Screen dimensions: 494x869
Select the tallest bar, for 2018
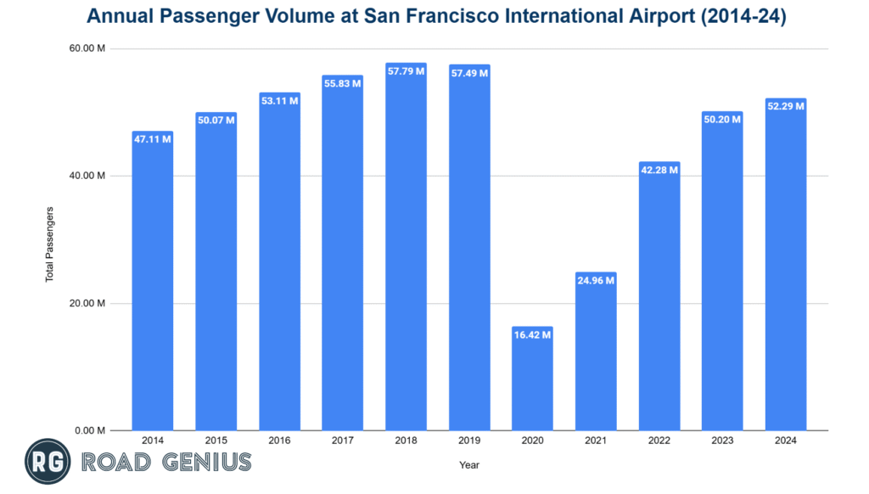[x=406, y=246]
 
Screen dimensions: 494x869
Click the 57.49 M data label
[x=469, y=73]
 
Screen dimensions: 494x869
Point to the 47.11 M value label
[x=153, y=139]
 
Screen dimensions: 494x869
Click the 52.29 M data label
[x=785, y=106]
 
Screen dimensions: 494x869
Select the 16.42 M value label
[x=532, y=334]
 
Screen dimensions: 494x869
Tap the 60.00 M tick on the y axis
[x=87, y=48]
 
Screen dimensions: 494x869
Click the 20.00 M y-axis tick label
[x=87, y=303]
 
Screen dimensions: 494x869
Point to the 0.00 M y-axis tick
[x=89, y=430]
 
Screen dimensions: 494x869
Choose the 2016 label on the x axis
[x=279, y=441]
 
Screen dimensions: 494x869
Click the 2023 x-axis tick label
[x=722, y=441]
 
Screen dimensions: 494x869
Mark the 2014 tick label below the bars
[x=153, y=441]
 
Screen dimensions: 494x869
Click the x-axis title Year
[x=469, y=465]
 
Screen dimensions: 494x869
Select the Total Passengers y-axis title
[x=49, y=244]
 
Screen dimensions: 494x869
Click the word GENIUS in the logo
[x=203, y=463]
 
